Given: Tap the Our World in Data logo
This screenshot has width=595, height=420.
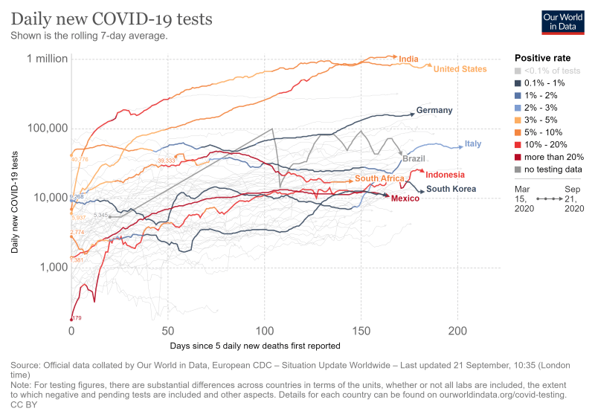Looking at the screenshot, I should pyautogui.click(x=562, y=22).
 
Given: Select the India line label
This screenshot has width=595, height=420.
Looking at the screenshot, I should pyautogui.click(x=408, y=59).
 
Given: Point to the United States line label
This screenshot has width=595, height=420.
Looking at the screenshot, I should pyautogui.click(x=460, y=69).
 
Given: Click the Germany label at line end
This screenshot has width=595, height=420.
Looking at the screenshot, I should pyautogui.click(x=434, y=111).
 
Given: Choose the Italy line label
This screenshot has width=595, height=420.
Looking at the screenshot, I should pyautogui.click(x=473, y=143).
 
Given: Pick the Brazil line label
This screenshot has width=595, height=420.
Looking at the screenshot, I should pyautogui.click(x=414, y=159).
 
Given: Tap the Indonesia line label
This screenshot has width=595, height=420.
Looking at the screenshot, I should pyautogui.click(x=446, y=175).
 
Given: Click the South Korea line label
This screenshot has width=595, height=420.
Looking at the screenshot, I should pyautogui.click(x=451, y=189).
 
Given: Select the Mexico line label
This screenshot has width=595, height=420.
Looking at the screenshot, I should pyautogui.click(x=405, y=198).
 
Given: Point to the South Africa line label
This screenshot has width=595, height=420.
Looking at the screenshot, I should pyautogui.click(x=379, y=178).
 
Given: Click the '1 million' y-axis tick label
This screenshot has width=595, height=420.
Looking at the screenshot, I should pyautogui.click(x=47, y=59).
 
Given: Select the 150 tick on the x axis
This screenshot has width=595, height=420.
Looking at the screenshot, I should pyautogui.click(x=361, y=331).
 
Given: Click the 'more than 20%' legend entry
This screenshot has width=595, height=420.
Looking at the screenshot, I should pyautogui.click(x=553, y=157).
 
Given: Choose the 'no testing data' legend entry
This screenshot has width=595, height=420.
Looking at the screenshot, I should pyautogui.click(x=553, y=169).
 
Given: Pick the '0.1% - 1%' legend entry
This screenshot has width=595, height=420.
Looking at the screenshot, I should pyautogui.click(x=544, y=83).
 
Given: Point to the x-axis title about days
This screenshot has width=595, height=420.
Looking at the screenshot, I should pyautogui.click(x=255, y=346).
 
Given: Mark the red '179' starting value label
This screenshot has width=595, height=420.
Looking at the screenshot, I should pyautogui.click(x=76, y=318).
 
